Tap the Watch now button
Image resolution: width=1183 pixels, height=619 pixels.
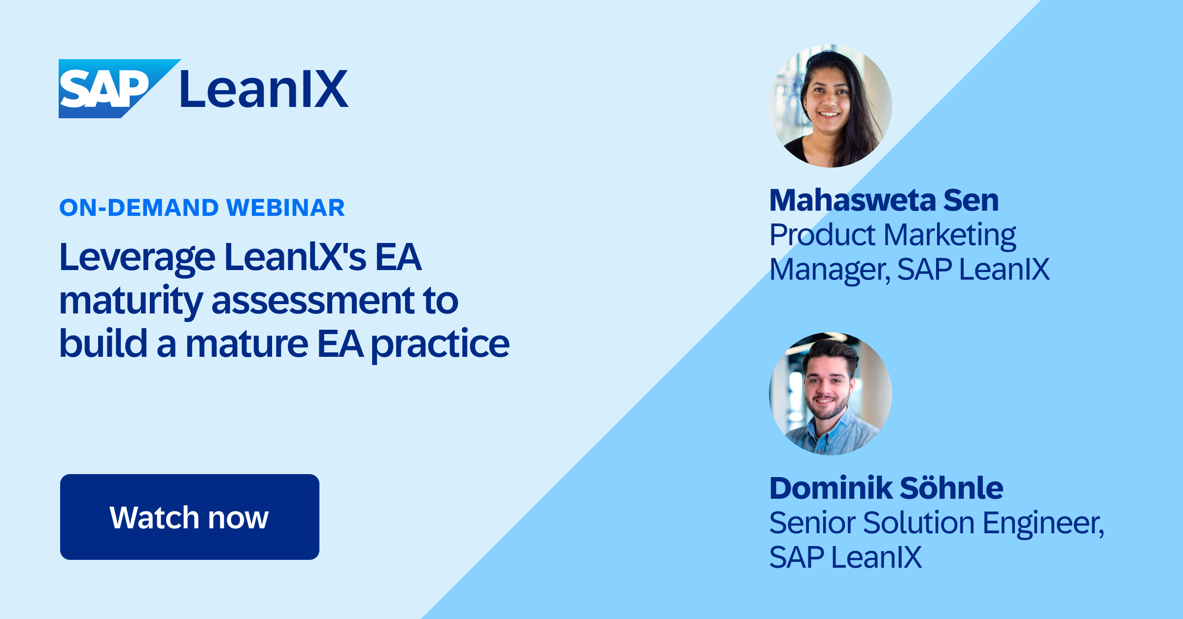pyautogui.click(x=189, y=517)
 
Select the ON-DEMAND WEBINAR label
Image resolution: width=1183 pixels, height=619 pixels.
pyautogui.click(x=202, y=207)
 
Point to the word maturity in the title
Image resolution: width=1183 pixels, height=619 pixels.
pyautogui.click(x=131, y=301)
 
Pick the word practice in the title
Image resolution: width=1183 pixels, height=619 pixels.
pyautogui.click(x=440, y=344)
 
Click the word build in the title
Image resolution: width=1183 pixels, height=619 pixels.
pyautogui.click(x=103, y=344)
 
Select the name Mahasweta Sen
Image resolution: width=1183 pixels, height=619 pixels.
pyautogui.click(x=884, y=201)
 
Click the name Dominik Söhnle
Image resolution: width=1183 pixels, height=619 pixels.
pyautogui.click(x=886, y=488)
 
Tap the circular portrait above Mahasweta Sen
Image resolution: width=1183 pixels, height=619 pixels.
pyautogui.click(x=831, y=106)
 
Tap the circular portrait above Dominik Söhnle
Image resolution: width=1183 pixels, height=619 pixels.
pyautogui.click(x=831, y=393)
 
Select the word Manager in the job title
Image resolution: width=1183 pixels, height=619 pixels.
pyautogui.click(x=829, y=270)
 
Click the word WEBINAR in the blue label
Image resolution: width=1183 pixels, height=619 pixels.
pyautogui.click(x=285, y=207)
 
